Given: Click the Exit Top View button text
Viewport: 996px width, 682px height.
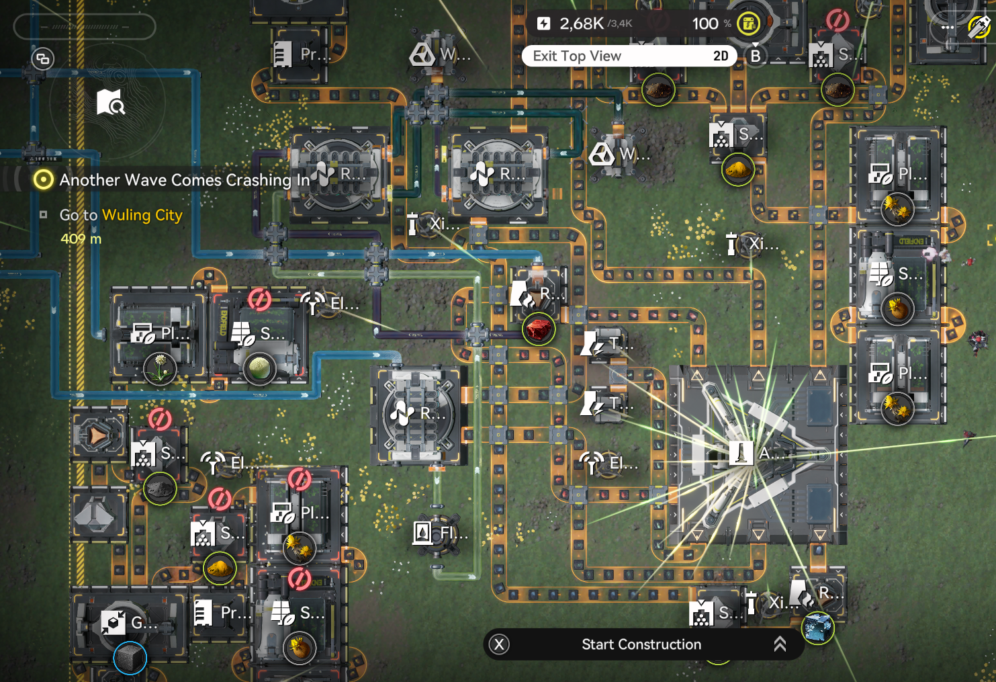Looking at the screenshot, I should pos(577,56).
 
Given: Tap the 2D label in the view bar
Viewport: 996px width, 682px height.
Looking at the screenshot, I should pos(721,56).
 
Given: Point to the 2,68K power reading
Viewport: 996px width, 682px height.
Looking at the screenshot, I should pos(582,24).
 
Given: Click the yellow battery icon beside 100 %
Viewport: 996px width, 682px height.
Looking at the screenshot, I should pos(748,24).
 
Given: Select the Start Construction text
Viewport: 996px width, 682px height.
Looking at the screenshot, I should pos(641,644).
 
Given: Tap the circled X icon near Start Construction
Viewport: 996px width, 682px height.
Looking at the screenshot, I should pos(499,645).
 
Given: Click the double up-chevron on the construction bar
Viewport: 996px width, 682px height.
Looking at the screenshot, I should pos(780,644).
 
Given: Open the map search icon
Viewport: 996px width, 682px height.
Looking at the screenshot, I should pos(110,102).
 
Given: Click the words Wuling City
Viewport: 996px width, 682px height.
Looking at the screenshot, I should pos(142,215).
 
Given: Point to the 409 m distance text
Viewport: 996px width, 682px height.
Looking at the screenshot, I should pos(81,239).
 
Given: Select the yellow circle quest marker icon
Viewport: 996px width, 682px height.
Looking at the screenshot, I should pos(44,179).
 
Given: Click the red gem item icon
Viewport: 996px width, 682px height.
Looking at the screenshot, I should pos(539,329).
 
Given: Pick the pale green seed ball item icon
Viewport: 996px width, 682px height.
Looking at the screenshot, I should pos(259,368).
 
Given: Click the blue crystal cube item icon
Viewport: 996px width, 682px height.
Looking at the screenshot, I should pos(818,628).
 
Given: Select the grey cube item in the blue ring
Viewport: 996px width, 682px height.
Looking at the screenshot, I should pos(130,658).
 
